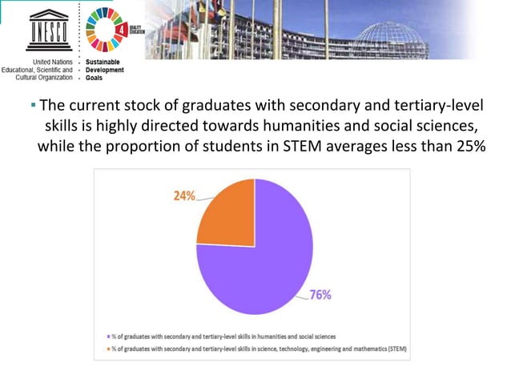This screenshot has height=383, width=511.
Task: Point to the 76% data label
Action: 321,294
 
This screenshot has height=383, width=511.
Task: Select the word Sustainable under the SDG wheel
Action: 105,62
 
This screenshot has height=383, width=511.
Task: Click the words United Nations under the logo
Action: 54,62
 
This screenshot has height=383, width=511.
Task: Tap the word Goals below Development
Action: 95,79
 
